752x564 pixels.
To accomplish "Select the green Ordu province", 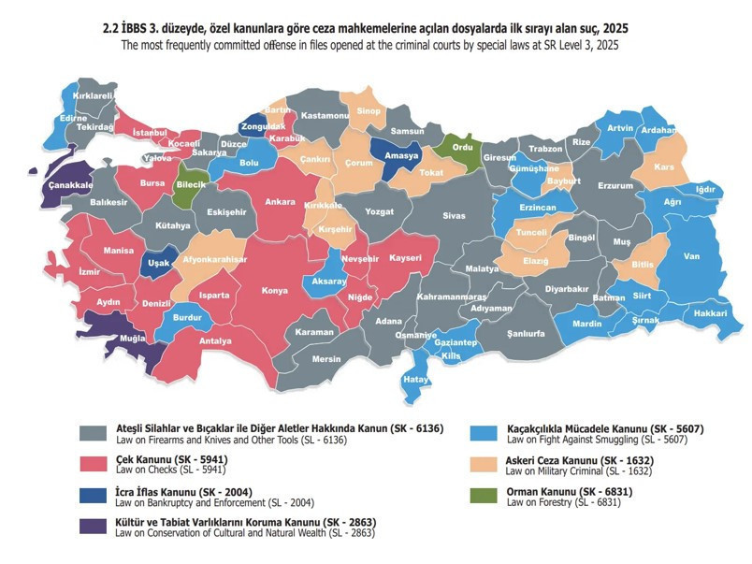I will pos(463,147).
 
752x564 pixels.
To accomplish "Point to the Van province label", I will pos(692,256).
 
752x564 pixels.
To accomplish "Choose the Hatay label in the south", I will pos(412,379).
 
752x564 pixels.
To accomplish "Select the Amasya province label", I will pos(401,155).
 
